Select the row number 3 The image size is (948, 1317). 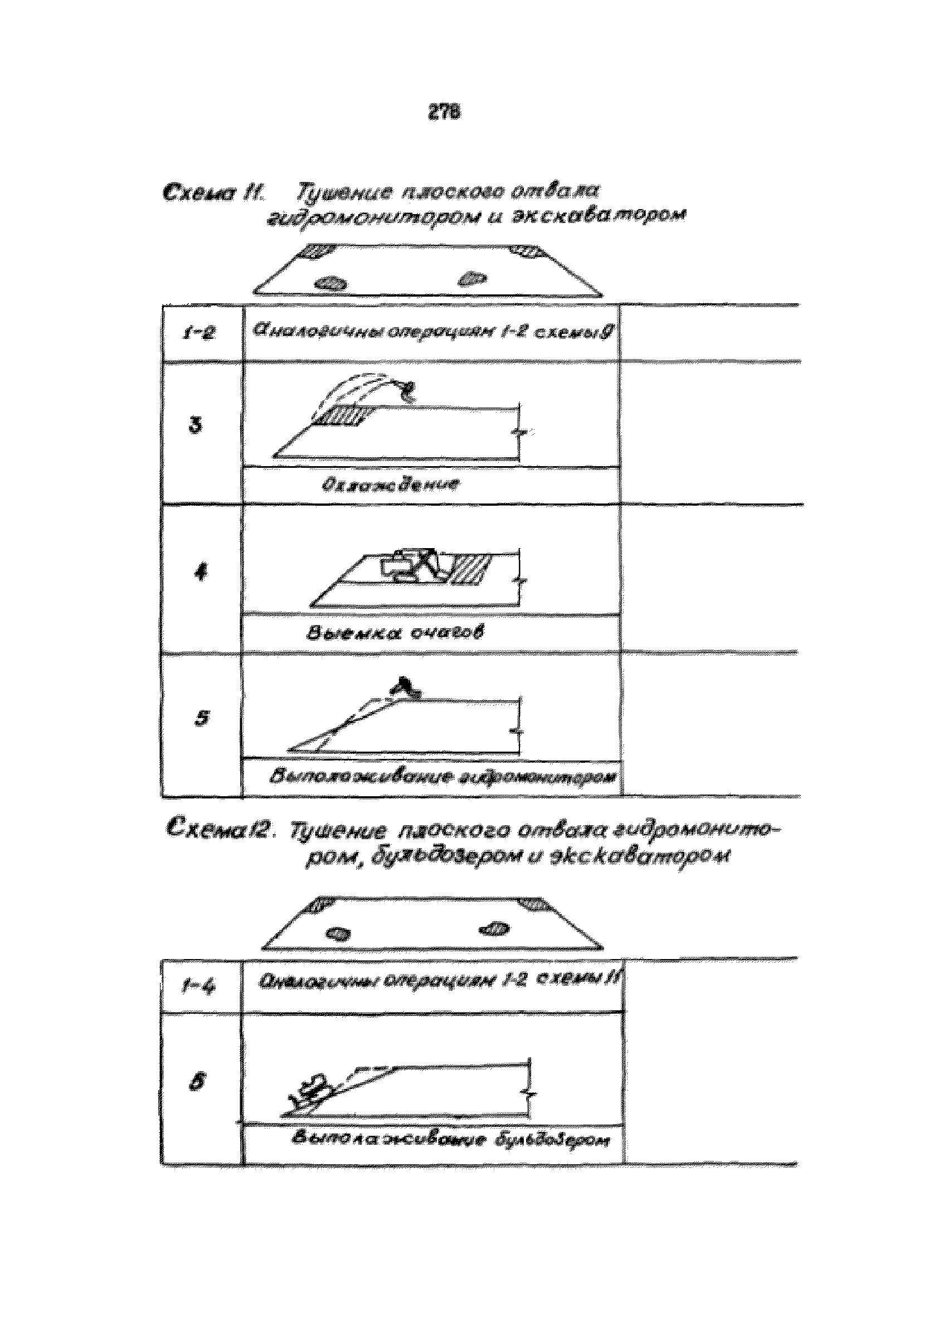click(x=197, y=425)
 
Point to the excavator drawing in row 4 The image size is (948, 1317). click(x=413, y=565)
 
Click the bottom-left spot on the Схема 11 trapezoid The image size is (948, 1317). click(x=331, y=284)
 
